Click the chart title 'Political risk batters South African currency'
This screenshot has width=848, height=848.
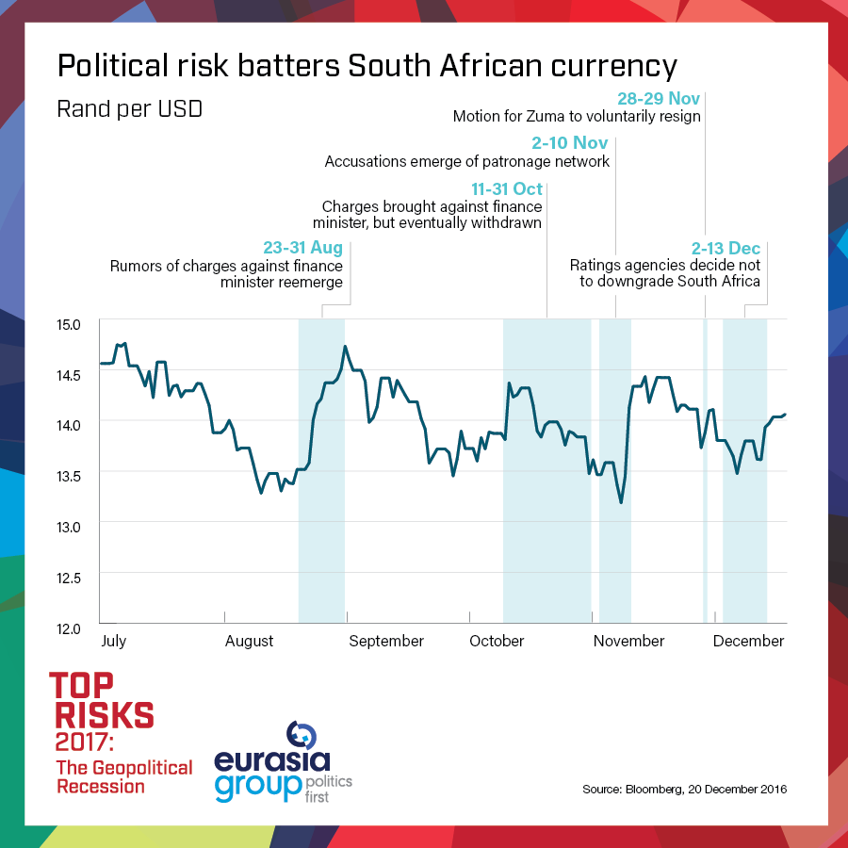(x=367, y=66)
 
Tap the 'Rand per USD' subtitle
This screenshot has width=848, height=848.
(x=129, y=108)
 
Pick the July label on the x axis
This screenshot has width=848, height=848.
(x=113, y=642)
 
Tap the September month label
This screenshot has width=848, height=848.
(x=387, y=642)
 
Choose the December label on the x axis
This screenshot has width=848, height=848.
(x=749, y=642)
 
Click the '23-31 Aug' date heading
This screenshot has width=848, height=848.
(x=302, y=249)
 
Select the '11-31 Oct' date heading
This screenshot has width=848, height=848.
(x=507, y=189)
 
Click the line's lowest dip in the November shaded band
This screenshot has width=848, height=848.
(x=621, y=502)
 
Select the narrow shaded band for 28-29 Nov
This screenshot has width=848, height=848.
(x=705, y=471)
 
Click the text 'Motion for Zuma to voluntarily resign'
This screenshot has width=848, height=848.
(x=577, y=117)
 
